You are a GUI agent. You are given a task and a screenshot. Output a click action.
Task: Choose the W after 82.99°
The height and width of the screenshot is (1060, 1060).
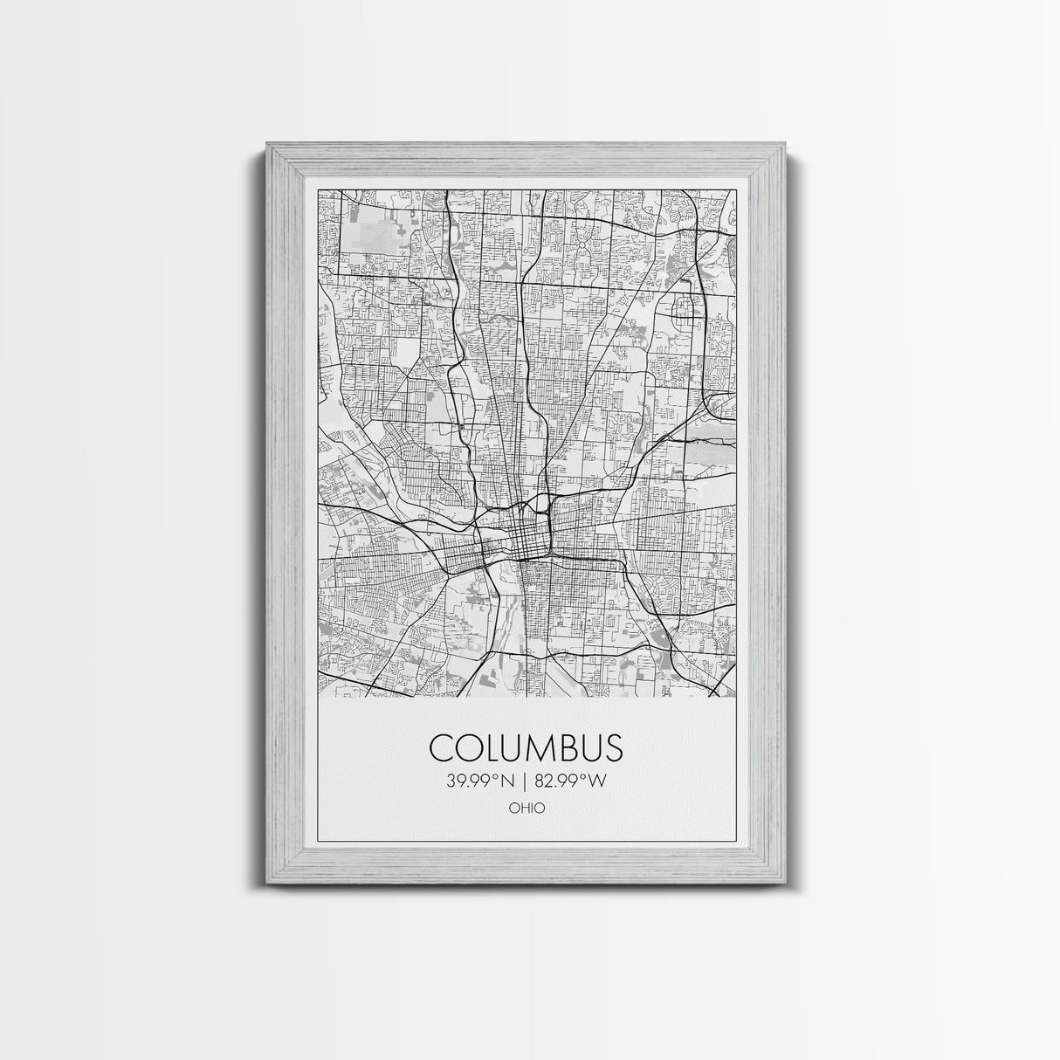pos(598,781)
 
